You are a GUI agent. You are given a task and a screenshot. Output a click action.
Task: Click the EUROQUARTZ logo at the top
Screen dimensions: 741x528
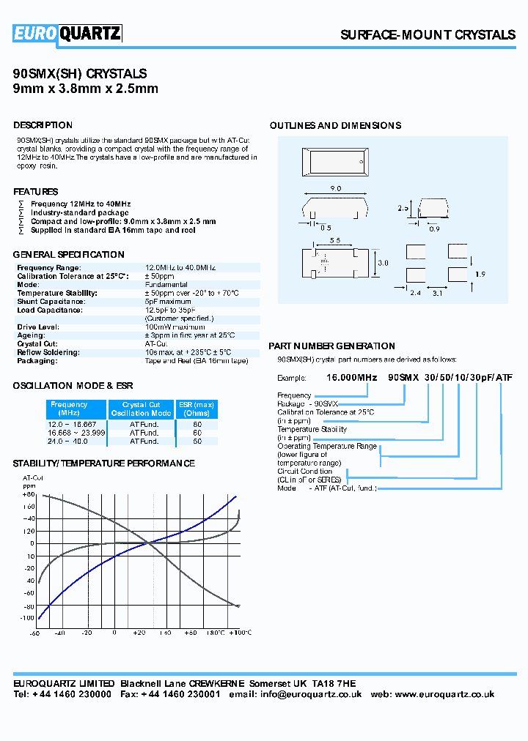pos(67,33)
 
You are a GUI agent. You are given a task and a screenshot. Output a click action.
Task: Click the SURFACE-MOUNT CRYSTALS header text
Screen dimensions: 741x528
pos(428,35)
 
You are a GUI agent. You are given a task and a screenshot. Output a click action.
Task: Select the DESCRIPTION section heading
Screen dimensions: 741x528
pos(43,125)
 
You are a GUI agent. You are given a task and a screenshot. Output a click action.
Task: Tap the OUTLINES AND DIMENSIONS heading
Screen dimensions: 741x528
pos(335,126)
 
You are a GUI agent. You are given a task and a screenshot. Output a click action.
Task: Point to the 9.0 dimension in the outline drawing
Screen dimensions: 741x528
pos(336,189)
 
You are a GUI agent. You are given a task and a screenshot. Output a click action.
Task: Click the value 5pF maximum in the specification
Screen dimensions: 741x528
pos(168,301)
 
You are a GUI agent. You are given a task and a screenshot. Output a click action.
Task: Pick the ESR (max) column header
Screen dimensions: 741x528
pos(197,409)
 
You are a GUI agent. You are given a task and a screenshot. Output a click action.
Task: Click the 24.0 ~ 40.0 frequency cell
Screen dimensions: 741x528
pos(67,442)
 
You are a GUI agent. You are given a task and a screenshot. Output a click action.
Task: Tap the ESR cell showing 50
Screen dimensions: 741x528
pos(197,442)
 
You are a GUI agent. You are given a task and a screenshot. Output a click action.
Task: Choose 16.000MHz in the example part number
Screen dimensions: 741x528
pos(351,377)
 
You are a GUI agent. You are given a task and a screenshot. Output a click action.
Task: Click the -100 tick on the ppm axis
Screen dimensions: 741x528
pos(27,619)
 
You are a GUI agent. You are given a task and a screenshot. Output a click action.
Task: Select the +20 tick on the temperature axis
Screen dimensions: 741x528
pos(139,633)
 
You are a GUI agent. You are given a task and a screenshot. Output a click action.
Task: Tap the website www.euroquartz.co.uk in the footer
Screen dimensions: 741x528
pos(444,694)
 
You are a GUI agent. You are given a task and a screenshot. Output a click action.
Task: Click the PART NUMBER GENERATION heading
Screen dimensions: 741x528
pos(331,346)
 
